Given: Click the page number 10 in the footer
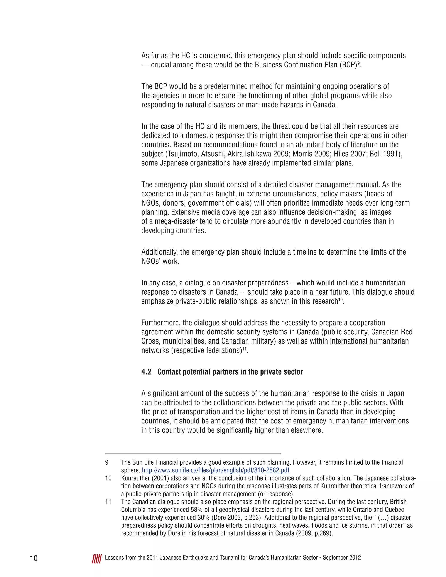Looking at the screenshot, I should tap(34, 558).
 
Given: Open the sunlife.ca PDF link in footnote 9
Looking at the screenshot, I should tap(215, 470).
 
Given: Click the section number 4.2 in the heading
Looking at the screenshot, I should tap(146, 372).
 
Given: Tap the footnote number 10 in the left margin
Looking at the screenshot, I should tap(108, 478).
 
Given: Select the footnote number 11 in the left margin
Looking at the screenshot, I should tap(108, 501).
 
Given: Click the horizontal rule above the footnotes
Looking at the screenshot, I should tap(193, 454).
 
